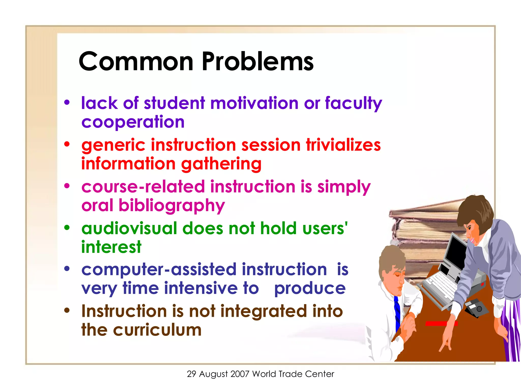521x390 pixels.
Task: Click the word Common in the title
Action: (x=136, y=61)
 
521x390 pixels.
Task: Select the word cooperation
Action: (x=133, y=122)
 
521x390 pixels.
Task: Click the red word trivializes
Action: (x=343, y=145)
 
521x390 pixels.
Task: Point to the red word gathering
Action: (x=221, y=164)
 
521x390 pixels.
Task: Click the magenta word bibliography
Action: (x=172, y=205)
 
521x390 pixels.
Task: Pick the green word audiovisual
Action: (x=129, y=228)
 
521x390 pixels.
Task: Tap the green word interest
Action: (x=111, y=247)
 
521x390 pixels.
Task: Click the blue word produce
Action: (x=310, y=288)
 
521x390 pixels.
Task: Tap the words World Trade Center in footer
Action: (x=293, y=374)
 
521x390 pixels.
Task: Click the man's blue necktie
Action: (x=397, y=312)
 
